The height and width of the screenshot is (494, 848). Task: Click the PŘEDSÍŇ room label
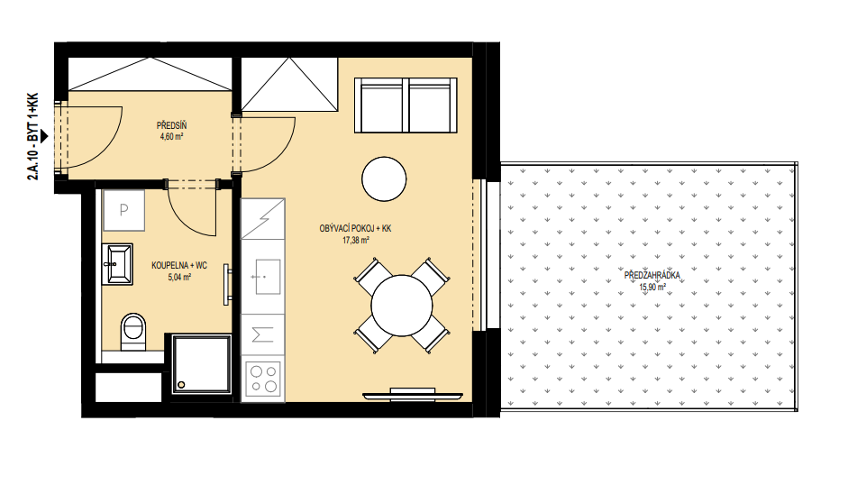171,125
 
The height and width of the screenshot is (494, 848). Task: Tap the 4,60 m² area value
171,136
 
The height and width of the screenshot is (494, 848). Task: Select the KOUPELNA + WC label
179,266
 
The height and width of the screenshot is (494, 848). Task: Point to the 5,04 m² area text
179,277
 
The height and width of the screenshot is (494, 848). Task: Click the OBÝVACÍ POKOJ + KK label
355,229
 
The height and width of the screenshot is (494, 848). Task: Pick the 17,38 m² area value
355,240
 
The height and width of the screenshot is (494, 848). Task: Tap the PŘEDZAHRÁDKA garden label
652,276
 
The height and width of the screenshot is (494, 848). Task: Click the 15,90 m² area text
652,288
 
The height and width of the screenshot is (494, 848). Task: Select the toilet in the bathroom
133,332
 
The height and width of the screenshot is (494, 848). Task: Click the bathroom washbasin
117,264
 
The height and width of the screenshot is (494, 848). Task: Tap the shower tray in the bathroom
201,363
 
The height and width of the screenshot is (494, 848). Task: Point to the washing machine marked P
123,210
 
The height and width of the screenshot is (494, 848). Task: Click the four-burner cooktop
263,380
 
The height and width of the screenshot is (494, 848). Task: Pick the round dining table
402,306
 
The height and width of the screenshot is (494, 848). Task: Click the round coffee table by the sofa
384,179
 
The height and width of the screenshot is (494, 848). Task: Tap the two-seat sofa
406,105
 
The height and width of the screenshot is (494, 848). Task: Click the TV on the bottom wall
412,395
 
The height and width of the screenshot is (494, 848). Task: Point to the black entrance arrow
44,136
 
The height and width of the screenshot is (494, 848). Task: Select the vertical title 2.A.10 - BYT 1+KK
33,136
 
